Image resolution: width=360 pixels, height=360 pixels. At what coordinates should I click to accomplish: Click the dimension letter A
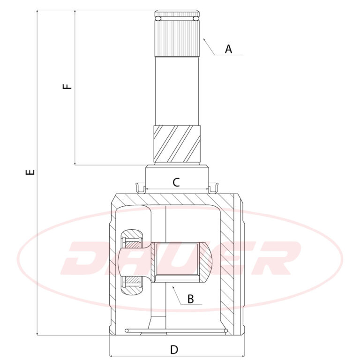pos(228,49)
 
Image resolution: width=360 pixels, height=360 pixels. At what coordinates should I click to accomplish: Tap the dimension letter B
pos(191,299)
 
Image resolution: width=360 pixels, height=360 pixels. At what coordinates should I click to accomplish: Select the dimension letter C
pos(176,182)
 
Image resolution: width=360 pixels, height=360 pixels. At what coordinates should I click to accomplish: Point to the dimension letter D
pos(174,350)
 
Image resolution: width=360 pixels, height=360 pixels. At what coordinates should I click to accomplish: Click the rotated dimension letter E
pos(30,172)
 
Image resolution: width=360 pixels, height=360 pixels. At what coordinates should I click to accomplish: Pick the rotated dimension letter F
pos(67,86)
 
